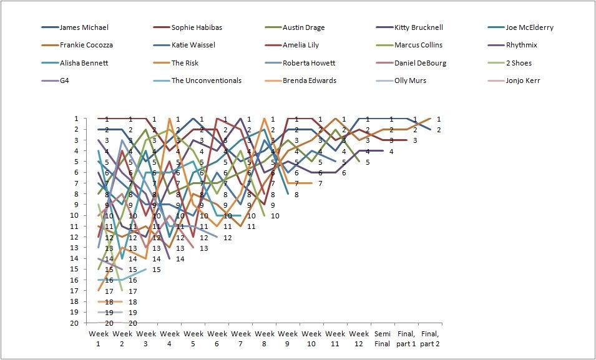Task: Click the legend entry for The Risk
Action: coord(186,63)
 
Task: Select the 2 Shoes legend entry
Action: coord(518,63)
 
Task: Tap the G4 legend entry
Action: coord(65,80)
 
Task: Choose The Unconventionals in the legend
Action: coord(206,80)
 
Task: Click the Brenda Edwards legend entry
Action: coord(310,80)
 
